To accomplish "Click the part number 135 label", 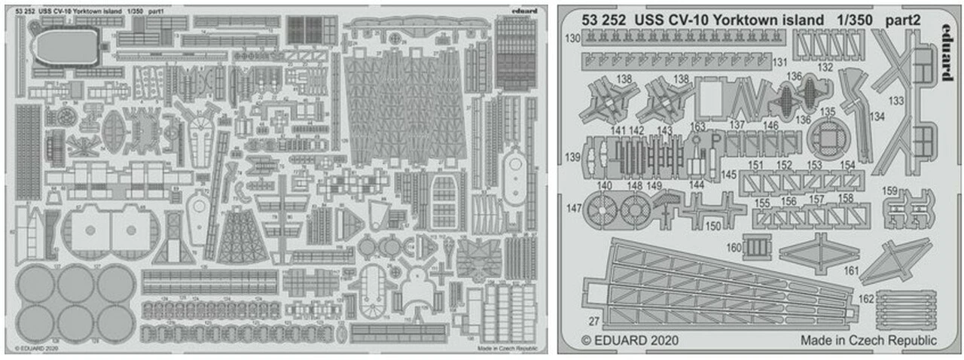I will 828,111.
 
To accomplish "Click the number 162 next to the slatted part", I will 866,299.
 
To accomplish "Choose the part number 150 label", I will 712,226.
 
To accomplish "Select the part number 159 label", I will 890,191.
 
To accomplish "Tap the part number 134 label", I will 876,117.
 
